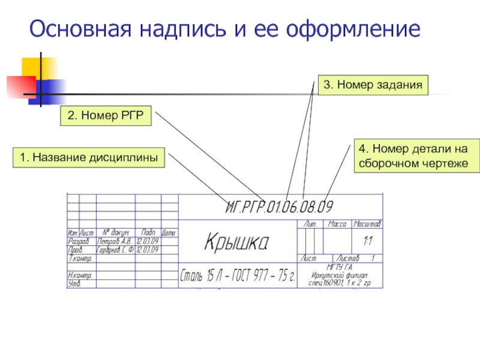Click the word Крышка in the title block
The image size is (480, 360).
[237, 242]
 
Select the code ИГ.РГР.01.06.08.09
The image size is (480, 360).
[279, 208]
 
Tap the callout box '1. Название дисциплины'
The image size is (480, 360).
[89, 158]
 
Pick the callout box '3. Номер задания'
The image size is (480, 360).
[373, 85]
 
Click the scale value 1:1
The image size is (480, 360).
[368, 241]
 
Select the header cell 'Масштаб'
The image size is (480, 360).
[367, 224]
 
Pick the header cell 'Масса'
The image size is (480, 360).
[337, 224]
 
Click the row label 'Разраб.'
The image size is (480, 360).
[79, 241]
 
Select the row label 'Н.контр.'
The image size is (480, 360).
[80, 275]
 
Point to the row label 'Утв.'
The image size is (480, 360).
[74, 283]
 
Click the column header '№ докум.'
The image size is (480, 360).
[116, 232]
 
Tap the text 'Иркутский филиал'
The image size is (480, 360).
[340, 274]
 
